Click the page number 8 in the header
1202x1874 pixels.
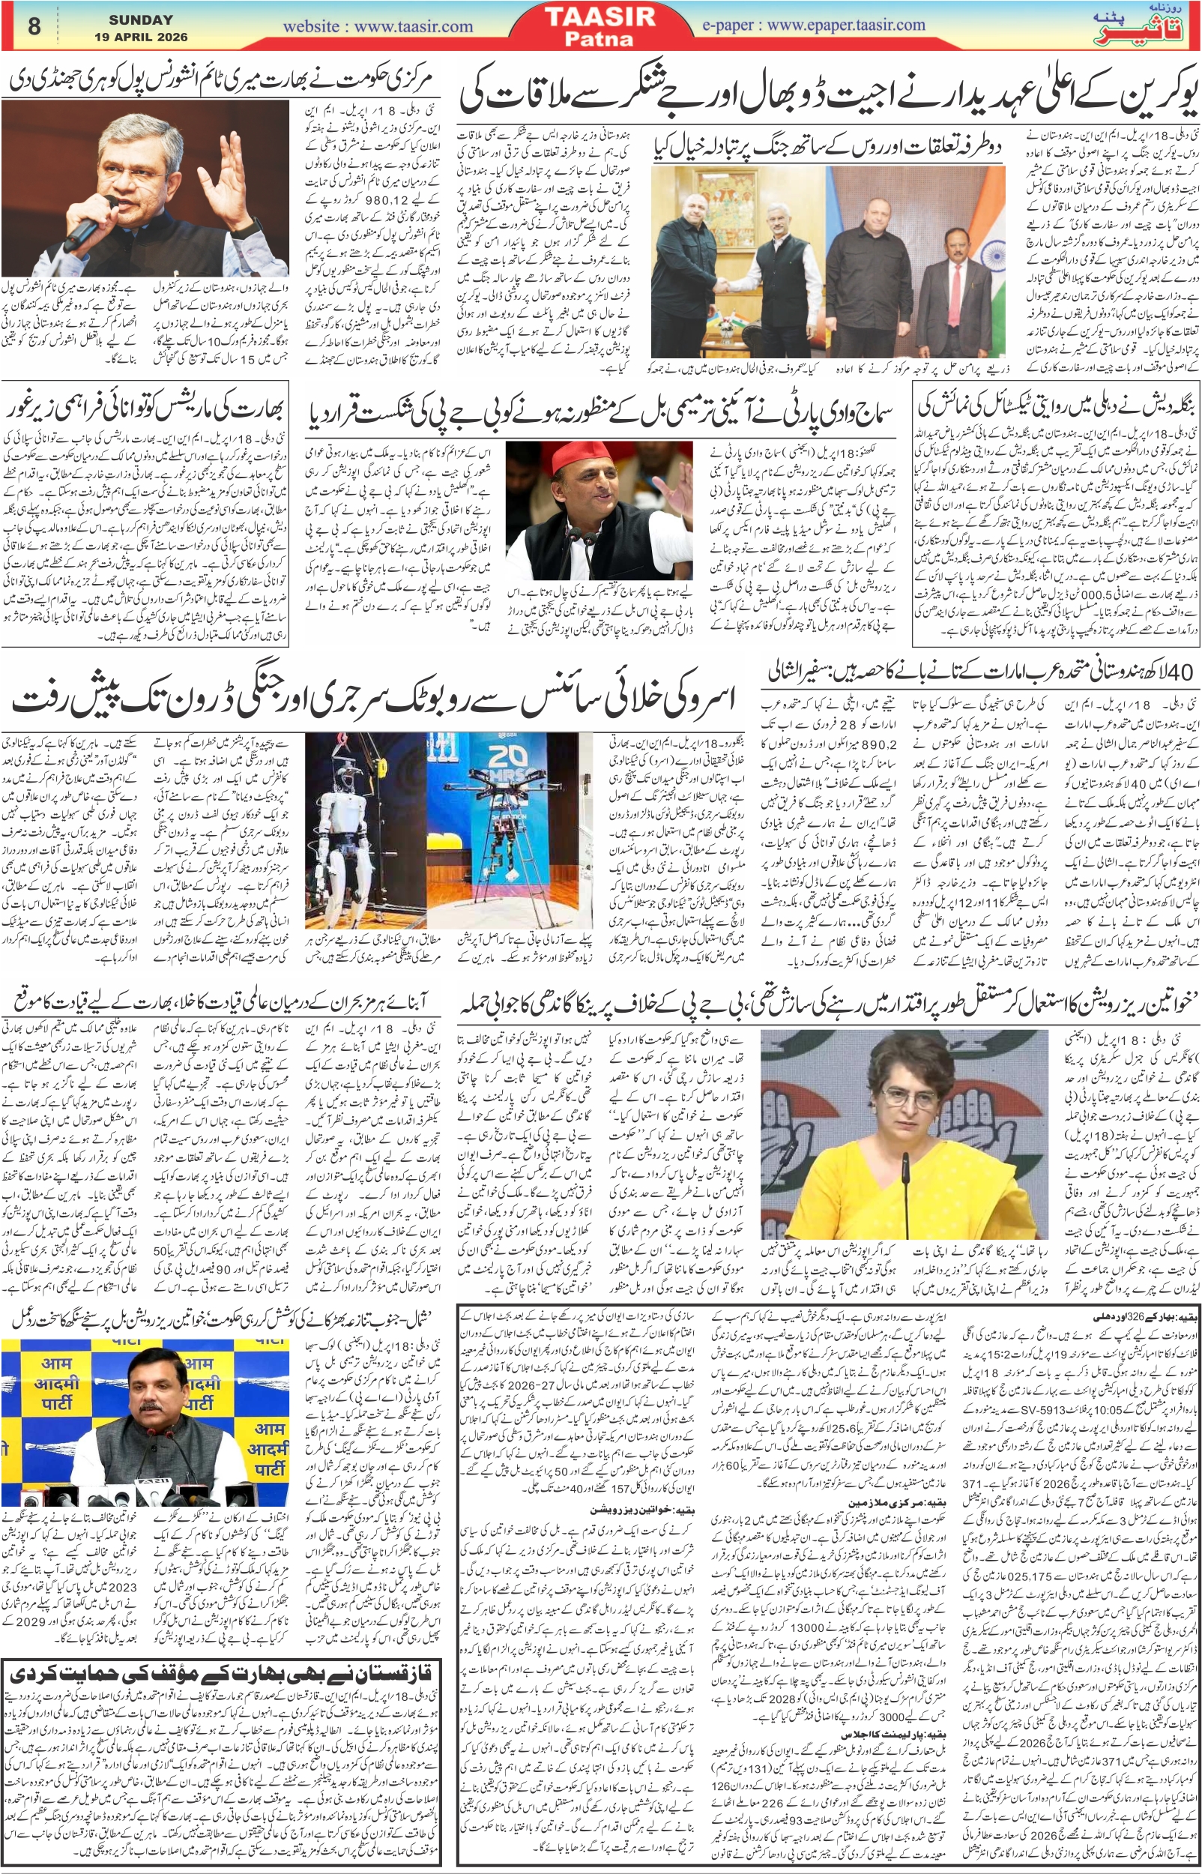pyautogui.click(x=34, y=25)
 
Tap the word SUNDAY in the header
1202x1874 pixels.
pyautogui.click(x=140, y=19)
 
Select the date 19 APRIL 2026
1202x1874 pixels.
pyautogui.click(x=140, y=37)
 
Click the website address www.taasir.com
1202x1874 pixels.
pyautogui.click(x=378, y=25)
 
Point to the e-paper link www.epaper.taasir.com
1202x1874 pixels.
pyautogui.click(x=813, y=25)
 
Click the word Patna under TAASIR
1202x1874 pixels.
pyautogui.click(x=600, y=38)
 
